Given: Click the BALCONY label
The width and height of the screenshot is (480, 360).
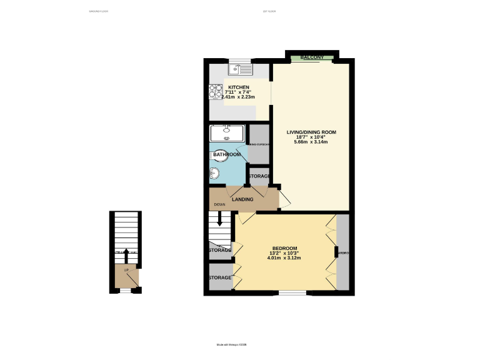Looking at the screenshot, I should tap(312, 58).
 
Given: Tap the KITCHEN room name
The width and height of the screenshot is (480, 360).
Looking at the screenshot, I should tap(239, 87).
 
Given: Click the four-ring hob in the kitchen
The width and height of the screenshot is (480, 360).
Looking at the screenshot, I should tap(215, 92).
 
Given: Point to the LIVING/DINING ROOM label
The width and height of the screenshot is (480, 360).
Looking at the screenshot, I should tap(311, 132).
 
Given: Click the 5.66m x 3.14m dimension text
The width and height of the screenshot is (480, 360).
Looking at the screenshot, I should tap(311, 142).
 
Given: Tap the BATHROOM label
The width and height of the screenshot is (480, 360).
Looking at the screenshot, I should tap(227, 154).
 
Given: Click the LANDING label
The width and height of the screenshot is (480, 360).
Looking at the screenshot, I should tap(242, 199).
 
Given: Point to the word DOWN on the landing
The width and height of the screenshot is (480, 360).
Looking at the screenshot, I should tap(219, 205).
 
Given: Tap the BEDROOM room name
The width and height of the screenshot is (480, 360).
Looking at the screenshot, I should tap(284, 247).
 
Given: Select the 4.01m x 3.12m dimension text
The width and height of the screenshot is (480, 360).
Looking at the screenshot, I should tap(284, 257).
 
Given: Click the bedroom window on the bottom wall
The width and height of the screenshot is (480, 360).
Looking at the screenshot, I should tap(292, 292).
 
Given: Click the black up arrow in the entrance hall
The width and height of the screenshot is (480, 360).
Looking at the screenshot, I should tap(127, 254).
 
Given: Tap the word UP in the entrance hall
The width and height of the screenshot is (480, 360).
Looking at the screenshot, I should tap(126, 270).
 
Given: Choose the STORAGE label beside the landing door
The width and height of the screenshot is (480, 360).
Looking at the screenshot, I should tap(259, 176).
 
